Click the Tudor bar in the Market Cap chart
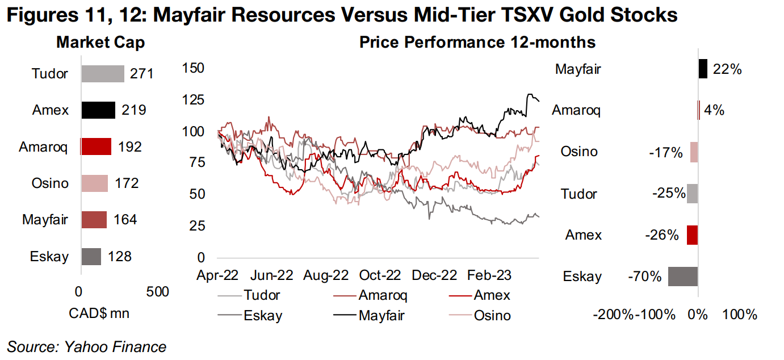point(103,74)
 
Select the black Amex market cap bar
point(98,110)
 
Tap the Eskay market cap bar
point(91,256)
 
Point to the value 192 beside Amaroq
point(129,147)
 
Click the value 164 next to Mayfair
point(125,220)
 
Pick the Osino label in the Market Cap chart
point(50,183)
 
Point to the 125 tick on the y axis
point(193,100)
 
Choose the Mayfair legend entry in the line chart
point(381,316)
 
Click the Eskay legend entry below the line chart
point(263,316)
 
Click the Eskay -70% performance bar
point(683,277)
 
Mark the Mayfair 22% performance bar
point(703,69)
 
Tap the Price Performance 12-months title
point(477,43)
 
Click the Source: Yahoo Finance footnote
point(87,347)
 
